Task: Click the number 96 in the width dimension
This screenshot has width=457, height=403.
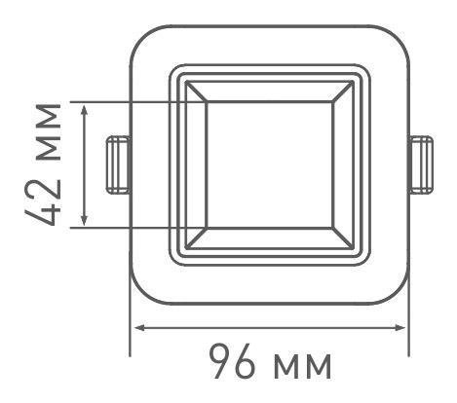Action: pos(235,364)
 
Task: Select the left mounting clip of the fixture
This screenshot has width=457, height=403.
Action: pos(118,164)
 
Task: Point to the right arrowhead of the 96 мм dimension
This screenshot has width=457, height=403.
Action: pos(404,327)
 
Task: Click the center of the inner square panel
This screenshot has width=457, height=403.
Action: pos(270,164)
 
